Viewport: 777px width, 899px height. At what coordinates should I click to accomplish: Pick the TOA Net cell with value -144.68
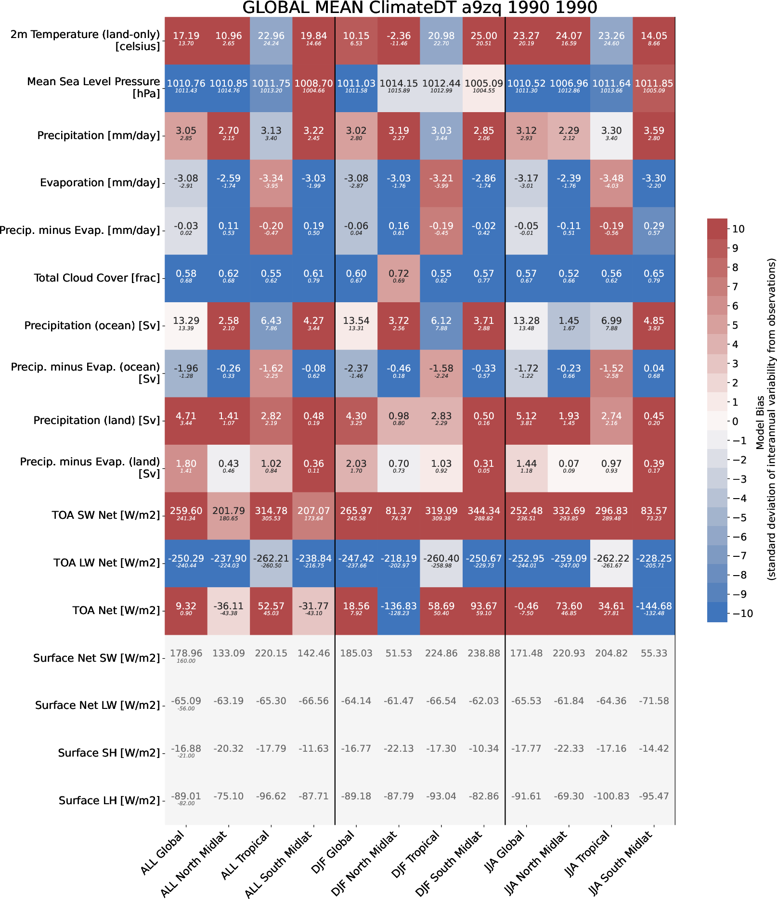654,610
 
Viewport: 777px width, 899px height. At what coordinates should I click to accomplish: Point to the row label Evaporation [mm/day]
100,183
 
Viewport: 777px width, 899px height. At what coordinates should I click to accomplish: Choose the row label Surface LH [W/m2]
109,800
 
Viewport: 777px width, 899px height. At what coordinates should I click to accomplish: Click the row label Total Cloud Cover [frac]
97,278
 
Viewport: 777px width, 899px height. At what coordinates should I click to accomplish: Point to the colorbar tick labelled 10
738,229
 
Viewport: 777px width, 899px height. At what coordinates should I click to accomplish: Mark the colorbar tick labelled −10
742,613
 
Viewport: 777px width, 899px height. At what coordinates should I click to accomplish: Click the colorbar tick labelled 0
735,421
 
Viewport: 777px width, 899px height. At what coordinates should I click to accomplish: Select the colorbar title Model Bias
760,423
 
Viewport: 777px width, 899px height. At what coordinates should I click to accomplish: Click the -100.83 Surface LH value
611,796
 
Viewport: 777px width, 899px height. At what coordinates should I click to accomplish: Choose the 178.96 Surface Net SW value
186,654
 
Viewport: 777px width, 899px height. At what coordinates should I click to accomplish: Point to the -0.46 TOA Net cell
526,610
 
